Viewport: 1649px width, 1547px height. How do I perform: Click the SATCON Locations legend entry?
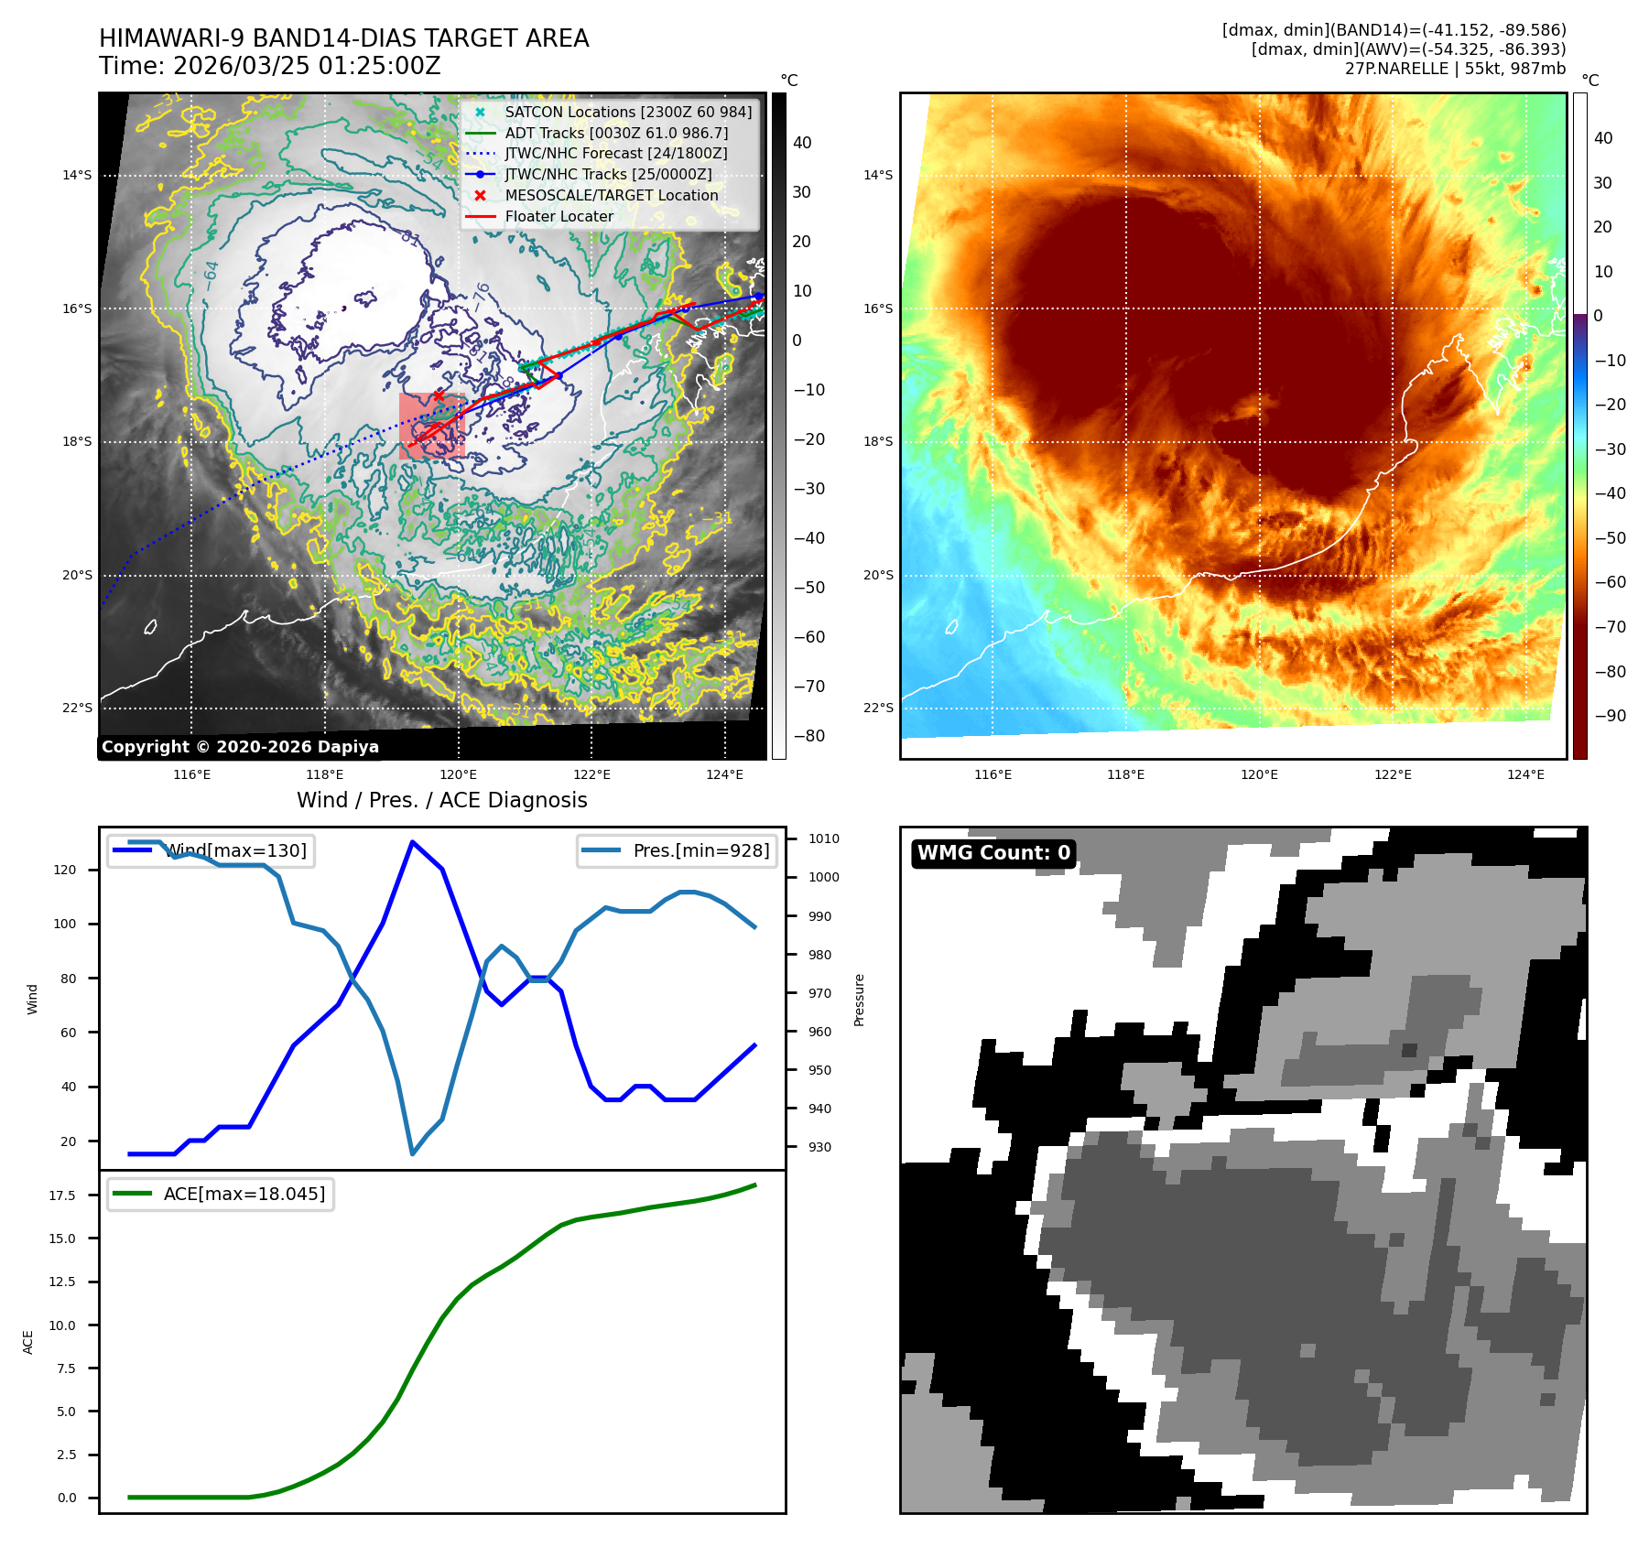[x=628, y=112]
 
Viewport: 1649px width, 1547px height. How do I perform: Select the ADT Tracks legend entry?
[x=616, y=133]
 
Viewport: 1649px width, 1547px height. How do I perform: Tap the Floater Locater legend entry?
[x=559, y=216]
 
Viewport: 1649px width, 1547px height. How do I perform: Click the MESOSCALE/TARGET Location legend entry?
[x=611, y=195]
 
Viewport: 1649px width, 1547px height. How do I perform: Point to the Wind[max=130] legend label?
[x=236, y=850]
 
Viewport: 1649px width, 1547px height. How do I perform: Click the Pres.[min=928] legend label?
[x=700, y=850]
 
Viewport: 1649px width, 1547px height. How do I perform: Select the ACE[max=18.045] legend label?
[x=244, y=1194]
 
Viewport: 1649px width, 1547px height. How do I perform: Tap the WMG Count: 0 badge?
[x=993, y=853]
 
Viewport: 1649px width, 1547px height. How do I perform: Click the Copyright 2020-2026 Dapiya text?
[x=240, y=747]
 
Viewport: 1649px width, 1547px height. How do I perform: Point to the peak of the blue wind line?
[x=413, y=842]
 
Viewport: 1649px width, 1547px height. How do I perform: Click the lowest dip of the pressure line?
[x=413, y=1153]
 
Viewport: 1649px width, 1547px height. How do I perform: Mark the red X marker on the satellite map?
[x=439, y=395]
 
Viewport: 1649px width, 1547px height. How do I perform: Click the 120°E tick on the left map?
[x=458, y=774]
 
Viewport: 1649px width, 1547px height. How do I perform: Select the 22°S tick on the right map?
[x=878, y=708]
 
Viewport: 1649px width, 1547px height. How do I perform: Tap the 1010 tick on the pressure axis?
[x=824, y=838]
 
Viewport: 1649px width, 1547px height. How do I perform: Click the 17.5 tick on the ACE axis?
[x=63, y=1195]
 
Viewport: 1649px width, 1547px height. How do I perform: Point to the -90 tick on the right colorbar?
[x=1610, y=716]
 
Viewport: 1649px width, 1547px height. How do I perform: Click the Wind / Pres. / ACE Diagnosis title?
[x=441, y=800]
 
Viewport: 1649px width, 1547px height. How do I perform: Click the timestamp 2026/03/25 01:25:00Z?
[x=306, y=66]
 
